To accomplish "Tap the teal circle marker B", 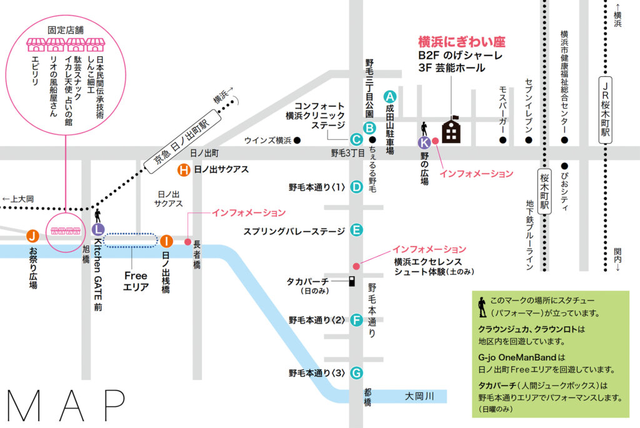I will point(369,128).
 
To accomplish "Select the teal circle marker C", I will point(356,141).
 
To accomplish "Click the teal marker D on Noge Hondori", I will point(356,186).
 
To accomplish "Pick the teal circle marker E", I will point(356,230).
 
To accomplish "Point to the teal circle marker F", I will point(356,321).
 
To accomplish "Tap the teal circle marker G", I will point(356,373).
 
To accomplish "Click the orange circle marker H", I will point(184,169).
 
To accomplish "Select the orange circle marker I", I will point(166,241).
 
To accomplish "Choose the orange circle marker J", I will point(32,236).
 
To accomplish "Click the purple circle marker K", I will point(424,142).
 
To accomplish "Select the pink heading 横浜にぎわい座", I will point(461,42).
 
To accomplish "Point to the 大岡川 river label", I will point(419,396).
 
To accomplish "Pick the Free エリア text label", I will point(136,281).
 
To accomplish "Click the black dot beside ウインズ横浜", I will point(297,141).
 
